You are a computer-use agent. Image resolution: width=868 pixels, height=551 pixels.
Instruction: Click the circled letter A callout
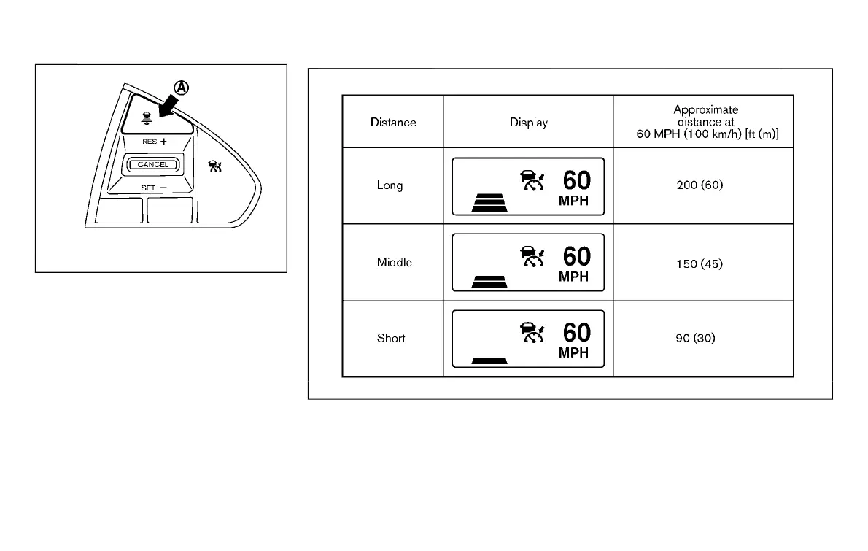pos(180,88)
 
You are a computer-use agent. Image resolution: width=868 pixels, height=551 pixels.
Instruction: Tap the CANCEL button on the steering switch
pos(153,165)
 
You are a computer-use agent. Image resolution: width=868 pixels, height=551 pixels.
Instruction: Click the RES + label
pos(155,141)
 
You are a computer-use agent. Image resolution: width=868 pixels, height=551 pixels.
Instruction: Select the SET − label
pos(154,188)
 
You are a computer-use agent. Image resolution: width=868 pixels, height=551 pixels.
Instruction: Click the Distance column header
pos(393,122)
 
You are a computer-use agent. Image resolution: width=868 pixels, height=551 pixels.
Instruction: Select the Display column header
pos(529,122)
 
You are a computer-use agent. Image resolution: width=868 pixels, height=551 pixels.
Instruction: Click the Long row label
pos(390,185)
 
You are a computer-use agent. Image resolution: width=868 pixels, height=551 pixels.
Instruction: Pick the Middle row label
pos(394,262)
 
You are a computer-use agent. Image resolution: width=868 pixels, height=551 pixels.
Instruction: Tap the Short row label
pos(391,339)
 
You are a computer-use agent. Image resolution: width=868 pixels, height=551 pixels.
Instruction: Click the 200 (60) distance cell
pos(700,185)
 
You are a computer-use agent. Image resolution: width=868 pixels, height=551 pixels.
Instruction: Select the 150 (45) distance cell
pos(700,263)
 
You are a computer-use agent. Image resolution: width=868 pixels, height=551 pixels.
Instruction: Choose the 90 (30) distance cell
pos(700,339)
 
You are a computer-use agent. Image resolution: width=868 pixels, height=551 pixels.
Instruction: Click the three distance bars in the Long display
pos(489,201)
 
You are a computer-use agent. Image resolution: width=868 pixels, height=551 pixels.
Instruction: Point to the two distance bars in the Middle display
pos(489,281)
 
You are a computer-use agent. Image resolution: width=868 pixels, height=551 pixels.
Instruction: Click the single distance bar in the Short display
pos(489,361)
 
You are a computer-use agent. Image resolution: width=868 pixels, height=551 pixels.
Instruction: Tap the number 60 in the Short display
pos(576,333)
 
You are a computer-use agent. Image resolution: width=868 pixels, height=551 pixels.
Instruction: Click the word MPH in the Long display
pos(574,201)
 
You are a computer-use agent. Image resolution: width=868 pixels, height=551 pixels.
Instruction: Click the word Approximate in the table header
pos(705,110)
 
